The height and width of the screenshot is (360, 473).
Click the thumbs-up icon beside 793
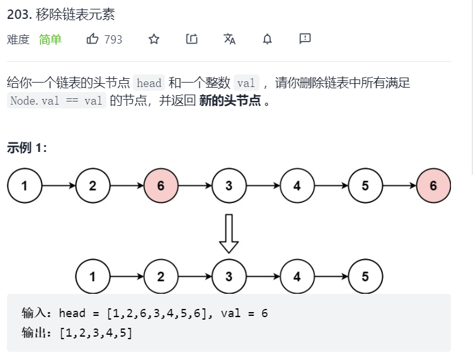point(93,39)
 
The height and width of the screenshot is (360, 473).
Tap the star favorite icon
point(154,39)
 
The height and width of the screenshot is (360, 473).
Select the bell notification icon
point(267,39)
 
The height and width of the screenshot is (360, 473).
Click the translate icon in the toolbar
point(229,39)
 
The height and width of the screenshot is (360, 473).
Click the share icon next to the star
point(191,39)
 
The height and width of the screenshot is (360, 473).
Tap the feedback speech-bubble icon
point(305,39)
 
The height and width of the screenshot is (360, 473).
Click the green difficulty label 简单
point(50,40)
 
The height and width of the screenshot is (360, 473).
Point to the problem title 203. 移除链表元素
point(61,14)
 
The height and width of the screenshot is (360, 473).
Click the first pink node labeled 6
point(161,186)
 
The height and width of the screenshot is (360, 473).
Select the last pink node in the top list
point(433,186)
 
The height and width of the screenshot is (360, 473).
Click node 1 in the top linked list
point(25,186)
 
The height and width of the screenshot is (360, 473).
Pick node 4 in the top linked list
point(297,186)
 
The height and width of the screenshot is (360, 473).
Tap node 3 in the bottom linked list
point(229,276)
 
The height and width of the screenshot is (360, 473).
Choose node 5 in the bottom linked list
point(365,276)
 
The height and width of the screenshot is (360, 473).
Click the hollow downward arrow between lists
point(229,232)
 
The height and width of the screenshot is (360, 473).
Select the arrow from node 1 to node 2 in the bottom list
point(127,276)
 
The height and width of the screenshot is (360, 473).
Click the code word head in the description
point(149,83)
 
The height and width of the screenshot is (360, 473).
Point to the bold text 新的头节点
point(229,101)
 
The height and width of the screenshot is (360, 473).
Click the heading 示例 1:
point(27,148)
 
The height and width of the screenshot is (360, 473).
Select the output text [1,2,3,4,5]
point(96,333)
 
